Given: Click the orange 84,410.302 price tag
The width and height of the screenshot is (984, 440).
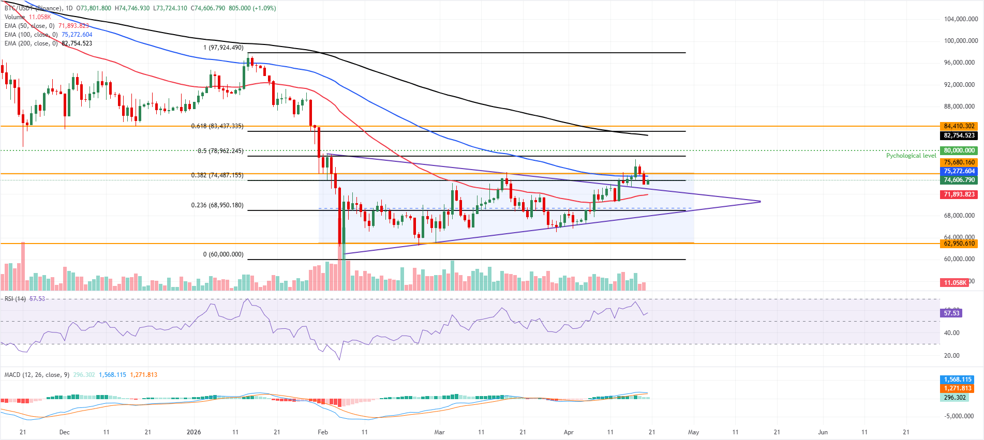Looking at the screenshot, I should coord(959,126).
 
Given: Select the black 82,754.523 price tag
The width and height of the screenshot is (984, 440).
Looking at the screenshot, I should coord(959,135).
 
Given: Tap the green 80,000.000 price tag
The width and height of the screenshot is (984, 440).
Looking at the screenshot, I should coord(959,150).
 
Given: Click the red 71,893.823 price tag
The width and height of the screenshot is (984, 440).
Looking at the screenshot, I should coord(959,194).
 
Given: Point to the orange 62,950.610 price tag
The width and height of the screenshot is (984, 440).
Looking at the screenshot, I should coord(959,244).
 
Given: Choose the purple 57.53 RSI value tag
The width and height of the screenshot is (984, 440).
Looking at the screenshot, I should coord(951,313).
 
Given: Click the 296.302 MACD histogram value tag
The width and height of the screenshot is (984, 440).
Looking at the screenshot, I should coord(955,398).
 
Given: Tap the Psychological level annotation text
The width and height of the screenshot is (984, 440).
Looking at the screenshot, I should coord(911,156).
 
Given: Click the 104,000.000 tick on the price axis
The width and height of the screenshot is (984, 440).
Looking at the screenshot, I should coord(961,19).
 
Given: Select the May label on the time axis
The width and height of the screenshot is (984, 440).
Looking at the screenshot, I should coord(693,432).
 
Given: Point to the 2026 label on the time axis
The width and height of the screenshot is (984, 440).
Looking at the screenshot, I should coord(193,432).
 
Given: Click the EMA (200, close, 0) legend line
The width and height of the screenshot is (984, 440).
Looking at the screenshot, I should coord(48,43).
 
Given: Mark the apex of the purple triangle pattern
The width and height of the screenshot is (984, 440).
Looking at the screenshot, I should coord(761,201).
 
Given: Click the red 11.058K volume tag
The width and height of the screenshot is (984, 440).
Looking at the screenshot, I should coord(955,282).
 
